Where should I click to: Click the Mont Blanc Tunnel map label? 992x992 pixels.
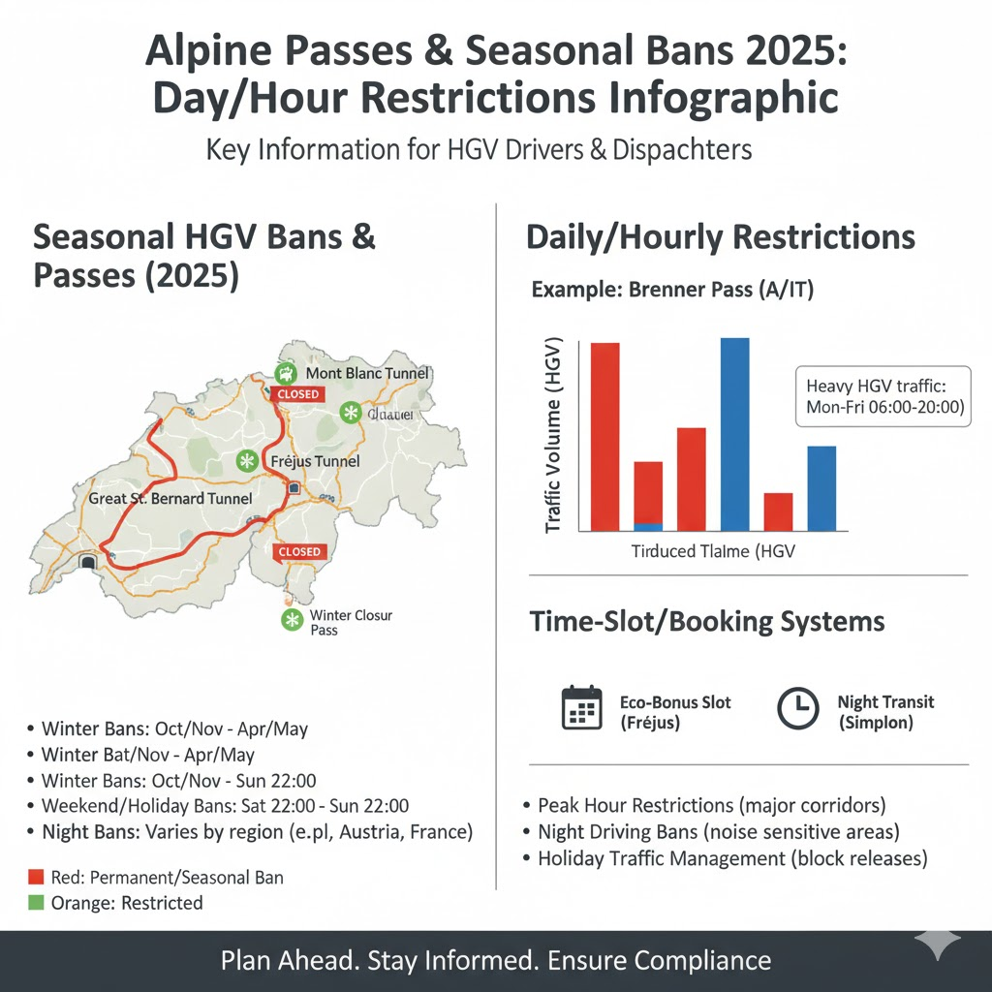[x=366, y=373]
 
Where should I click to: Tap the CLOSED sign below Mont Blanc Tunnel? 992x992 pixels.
[x=297, y=395]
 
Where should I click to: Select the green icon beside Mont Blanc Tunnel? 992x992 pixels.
[x=286, y=372]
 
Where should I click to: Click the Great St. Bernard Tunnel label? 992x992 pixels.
[x=170, y=499]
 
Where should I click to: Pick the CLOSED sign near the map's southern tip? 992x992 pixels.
[x=299, y=551]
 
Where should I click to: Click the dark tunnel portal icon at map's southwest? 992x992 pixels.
[x=89, y=561]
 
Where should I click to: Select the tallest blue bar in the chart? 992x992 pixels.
[x=735, y=434]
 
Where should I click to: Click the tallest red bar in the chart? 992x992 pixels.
[x=604, y=436]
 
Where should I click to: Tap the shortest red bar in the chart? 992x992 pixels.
[x=778, y=511]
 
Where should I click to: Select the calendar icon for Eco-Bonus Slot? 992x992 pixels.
[x=582, y=707]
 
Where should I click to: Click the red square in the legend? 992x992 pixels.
[x=37, y=878]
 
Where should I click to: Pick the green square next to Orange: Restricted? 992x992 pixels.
[x=37, y=903]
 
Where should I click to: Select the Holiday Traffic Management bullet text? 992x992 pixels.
[x=732, y=857]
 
